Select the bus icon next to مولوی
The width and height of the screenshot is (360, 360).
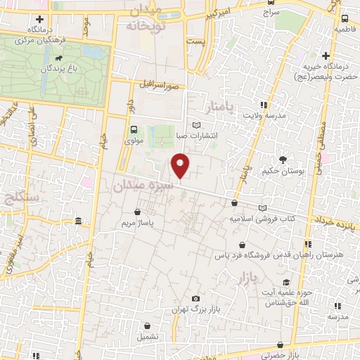[134, 129]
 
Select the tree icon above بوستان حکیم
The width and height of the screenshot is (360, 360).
[283, 160]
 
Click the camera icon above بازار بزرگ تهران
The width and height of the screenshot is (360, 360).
[196, 299]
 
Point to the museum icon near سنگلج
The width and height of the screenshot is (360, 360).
[77, 221]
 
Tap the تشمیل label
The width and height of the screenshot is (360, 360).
[148, 336]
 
